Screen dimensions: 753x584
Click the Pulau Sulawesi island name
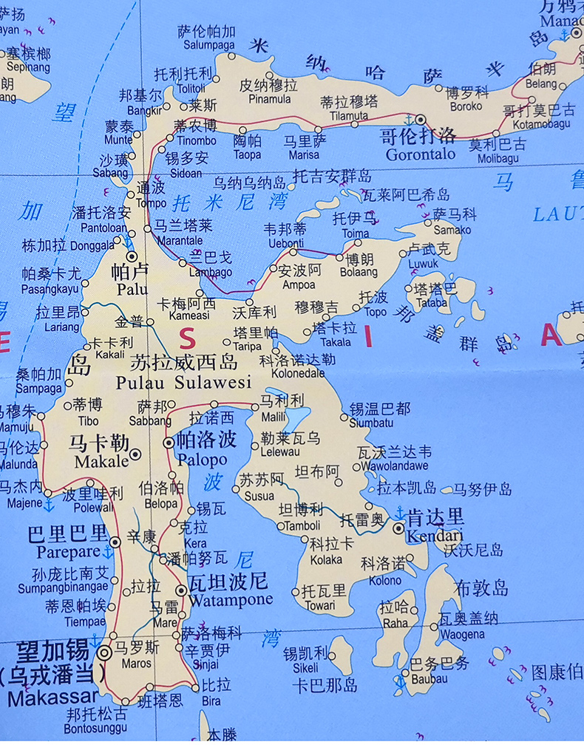pos(183,382)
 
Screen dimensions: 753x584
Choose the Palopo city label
pos(202,460)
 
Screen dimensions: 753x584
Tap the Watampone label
pos(231,599)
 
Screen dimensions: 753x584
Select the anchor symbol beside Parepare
pos(109,552)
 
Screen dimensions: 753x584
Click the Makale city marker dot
pos(135,454)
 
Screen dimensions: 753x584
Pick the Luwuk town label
pos(424,263)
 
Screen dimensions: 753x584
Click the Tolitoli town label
pos(177,89)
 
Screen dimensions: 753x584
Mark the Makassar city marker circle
pos(104,652)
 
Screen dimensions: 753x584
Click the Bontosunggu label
pos(95,728)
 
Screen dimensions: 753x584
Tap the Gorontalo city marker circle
pos(421,119)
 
